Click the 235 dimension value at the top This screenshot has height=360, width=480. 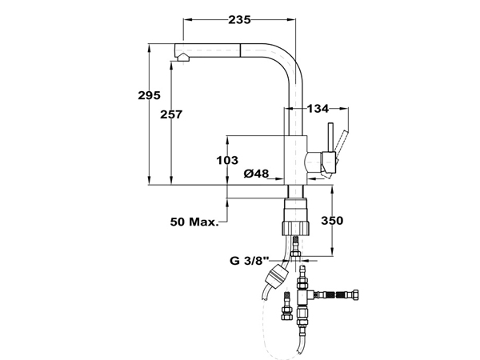tap(239, 20)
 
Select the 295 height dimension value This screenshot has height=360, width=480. tap(149, 95)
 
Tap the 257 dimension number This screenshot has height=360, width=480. tap(171, 114)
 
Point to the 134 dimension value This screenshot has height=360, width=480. tap(318, 108)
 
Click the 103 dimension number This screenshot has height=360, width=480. tap(227, 160)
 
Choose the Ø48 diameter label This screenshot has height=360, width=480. tap(256, 174)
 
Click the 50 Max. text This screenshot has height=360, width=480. tap(194, 222)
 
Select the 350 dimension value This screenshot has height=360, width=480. tap(332, 221)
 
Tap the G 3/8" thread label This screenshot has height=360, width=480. tap(250, 261)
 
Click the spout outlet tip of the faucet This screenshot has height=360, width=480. tap(182, 58)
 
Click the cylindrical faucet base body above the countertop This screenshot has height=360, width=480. tap(295, 160)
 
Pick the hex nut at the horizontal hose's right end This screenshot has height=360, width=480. tap(355, 295)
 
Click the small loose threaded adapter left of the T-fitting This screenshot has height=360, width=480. tap(287, 306)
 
